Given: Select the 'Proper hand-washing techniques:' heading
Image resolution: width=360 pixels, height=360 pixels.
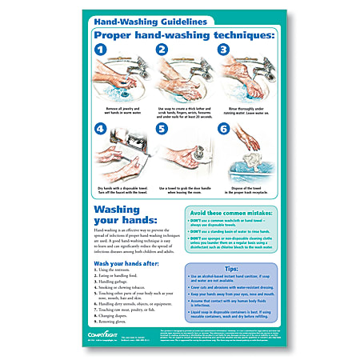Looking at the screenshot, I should tap(179, 36).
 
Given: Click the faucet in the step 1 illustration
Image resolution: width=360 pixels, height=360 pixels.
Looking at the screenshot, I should tap(120, 68).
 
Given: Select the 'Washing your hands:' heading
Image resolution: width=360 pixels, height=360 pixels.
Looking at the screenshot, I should tap(126, 215).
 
